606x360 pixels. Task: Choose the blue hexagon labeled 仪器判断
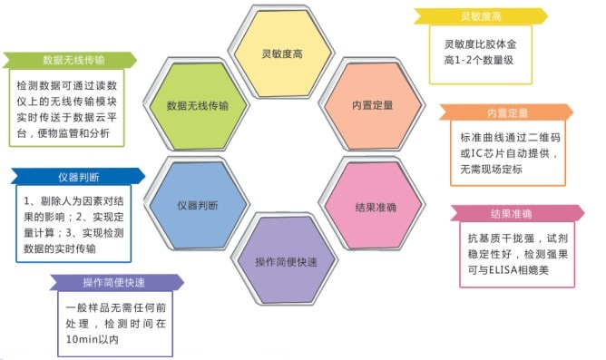click(x=198, y=205)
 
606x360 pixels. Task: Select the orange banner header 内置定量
click(x=506, y=113)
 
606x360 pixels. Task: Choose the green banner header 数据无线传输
click(x=73, y=60)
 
